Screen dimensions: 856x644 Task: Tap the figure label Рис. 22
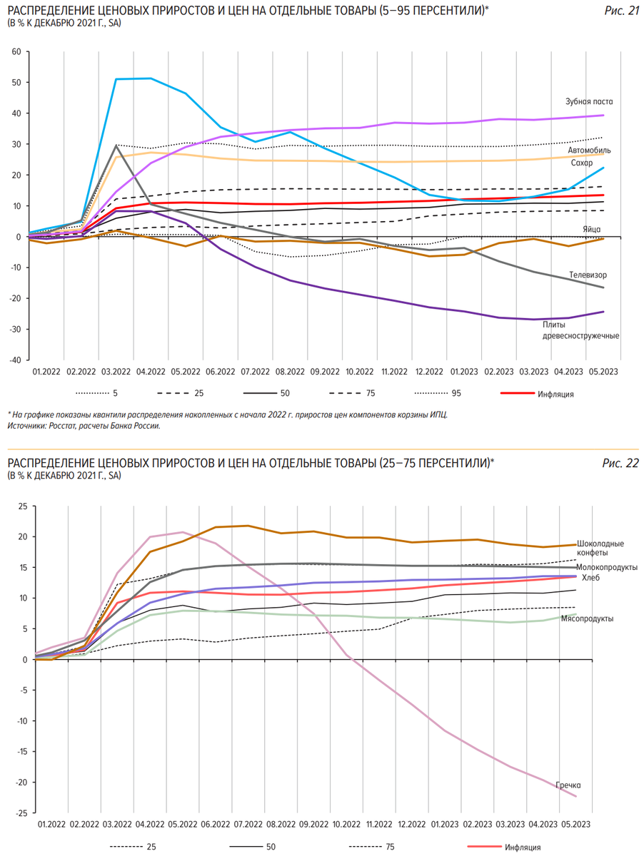pyautogui.click(x=620, y=464)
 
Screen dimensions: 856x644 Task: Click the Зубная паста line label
pyautogui.click(x=589, y=102)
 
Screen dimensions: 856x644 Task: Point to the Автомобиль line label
pyautogui.click(x=589, y=151)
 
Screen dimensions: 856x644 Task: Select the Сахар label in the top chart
pyautogui.click(x=581, y=163)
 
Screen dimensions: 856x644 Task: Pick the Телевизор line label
pyautogui.click(x=588, y=275)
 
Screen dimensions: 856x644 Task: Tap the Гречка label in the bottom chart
pyautogui.click(x=568, y=785)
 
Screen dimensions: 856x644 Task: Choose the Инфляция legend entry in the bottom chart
pyautogui.click(x=522, y=847)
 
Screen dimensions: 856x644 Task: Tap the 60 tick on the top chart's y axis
pyautogui.click(x=16, y=52)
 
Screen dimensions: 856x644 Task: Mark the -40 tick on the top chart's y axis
pyautogui.click(x=14, y=360)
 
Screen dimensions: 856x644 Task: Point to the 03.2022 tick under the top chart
pyautogui.click(x=116, y=372)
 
